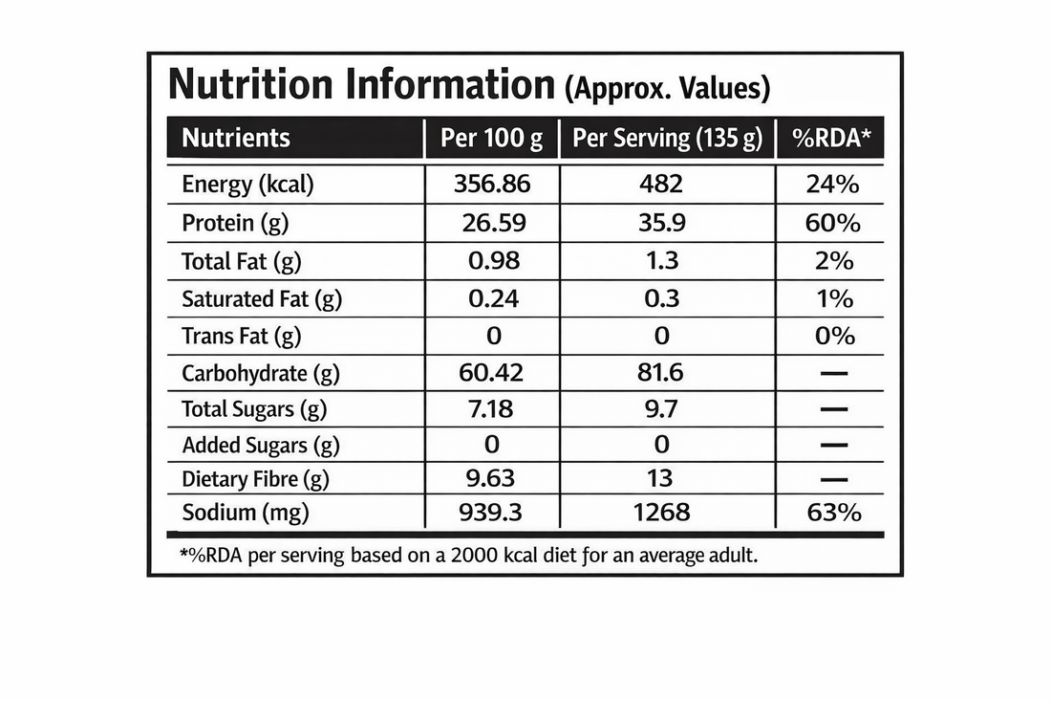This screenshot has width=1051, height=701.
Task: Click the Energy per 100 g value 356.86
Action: pyautogui.click(x=491, y=184)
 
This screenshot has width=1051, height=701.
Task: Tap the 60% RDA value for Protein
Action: pyautogui.click(x=833, y=223)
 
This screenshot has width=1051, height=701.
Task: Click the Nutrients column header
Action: pyautogui.click(x=235, y=138)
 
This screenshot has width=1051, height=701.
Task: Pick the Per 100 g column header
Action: pyautogui.click(x=491, y=138)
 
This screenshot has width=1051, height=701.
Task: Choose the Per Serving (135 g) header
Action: pyautogui.click(x=667, y=138)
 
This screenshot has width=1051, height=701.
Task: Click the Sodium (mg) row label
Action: pyautogui.click(x=246, y=513)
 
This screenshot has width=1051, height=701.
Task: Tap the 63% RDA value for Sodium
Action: pyautogui.click(x=833, y=513)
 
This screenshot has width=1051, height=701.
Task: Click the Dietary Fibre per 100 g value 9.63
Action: pyautogui.click(x=487, y=478)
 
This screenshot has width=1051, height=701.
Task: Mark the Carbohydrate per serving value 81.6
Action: pyautogui.click(x=659, y=373)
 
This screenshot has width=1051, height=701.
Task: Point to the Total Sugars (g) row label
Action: pyautogui.click(x=253, y=409)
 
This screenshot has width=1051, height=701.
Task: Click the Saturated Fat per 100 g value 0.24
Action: pyautogui.click(x=493, y=298)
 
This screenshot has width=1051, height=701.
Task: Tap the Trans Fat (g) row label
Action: pyautogui.click(x=241, y=336)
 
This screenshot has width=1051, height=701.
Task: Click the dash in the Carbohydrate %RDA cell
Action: pyautogui.click(x=833, y=374)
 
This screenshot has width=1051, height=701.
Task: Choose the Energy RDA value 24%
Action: pyautogui.click(x=833, y=184)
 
